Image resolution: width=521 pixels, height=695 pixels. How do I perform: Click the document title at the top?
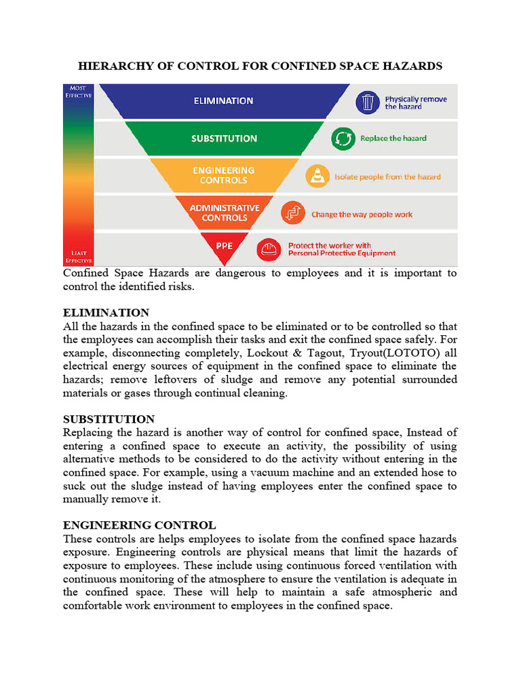tap(260, 66)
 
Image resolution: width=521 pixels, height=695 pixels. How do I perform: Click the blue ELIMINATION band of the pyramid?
tap(223, 101)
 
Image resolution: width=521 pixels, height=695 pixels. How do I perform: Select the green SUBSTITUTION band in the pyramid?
tap(224, 138)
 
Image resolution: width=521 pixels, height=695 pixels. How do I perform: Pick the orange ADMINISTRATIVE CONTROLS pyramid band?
tap(224, 212)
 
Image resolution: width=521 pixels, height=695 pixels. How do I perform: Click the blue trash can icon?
tap(367, 102)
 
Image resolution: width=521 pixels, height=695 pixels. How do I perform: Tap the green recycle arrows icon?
tap(342, 139)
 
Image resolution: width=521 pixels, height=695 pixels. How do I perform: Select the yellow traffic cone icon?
tap(316, 176)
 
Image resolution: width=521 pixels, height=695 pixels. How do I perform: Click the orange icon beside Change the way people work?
tap(292, 213)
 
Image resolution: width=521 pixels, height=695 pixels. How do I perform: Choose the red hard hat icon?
tap(267, 250)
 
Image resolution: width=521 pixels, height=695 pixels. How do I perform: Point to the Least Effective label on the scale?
tap(79, 257)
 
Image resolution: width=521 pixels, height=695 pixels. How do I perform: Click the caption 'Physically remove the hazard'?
tap(415, 102)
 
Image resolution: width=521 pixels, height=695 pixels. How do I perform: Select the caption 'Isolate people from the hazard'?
tap(387, 176)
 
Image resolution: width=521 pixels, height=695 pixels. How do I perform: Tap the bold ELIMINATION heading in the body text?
tap(106, 313)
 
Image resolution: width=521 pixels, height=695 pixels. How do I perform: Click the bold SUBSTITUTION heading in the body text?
tap(109, 419)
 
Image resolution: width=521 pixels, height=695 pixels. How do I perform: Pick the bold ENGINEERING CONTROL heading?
tap(139, 525)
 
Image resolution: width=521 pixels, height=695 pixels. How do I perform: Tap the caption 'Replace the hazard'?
tap(393, 138)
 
